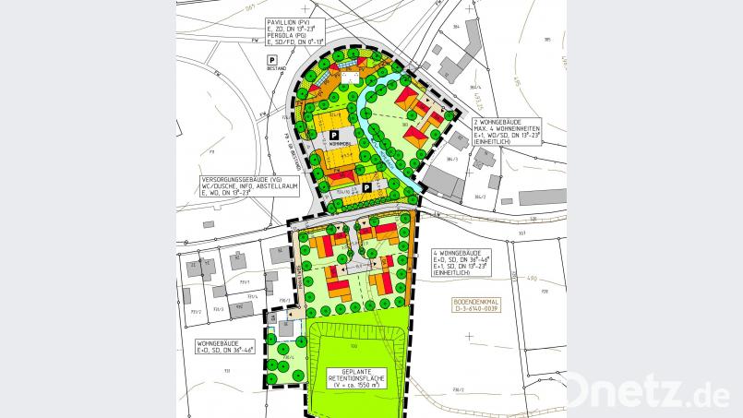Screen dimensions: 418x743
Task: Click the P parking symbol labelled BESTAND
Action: coord(272,61)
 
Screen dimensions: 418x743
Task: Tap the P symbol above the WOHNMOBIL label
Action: coord(333,135)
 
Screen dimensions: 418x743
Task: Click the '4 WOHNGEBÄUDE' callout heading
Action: coord(455,252)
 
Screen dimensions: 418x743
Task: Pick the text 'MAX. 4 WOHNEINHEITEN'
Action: coord(507,127)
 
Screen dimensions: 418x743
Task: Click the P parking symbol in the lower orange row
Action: coord(366,187)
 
